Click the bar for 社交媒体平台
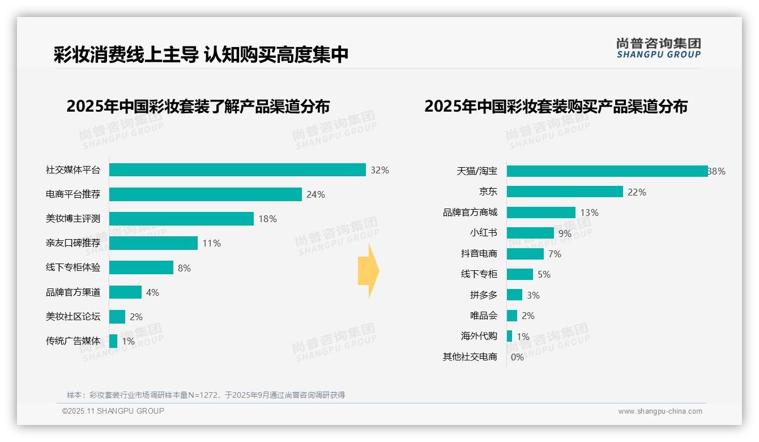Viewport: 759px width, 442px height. pyautogui.click(x=237, y=170)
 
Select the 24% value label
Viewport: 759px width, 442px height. pyautogui.click(x=315, y=194)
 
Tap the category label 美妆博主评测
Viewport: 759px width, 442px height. pyautogui.click(x=73, y=219)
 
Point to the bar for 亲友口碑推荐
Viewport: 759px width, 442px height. pyautogui.click(x=153, y=243)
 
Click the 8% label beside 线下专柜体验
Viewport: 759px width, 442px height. pyautogui.click(x=184, y=268)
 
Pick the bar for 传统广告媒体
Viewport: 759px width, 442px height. pyautogui.click(x=113, y=341)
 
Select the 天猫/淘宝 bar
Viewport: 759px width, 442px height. pyautogui.click(x=607, y=171)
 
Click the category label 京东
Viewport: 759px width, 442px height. pyautogui.click(x=488, y=192)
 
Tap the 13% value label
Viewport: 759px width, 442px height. pyautogui.click(x=589, y=212)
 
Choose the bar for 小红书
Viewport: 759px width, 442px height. pyautogui.click(x=530, y=233)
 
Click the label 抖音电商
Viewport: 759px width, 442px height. pyautogui.click(x=479, y=253)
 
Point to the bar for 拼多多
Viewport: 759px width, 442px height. pyautogui.click(x=514, y=295)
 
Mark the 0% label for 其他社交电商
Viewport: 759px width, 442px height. pyautogui.click(x=517, y=357)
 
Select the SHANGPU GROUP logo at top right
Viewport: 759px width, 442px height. pyautogui.click(x=658, y=48)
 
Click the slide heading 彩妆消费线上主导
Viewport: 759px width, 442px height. pyautogui.click(x=126, y=54)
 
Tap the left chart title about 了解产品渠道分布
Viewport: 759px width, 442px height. pyautogui.click(x=198, y=107)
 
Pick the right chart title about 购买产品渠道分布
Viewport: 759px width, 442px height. pyautogui.click(x=556, y=107)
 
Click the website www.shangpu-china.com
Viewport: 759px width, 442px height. pyautogui.click(x=660, y=411)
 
